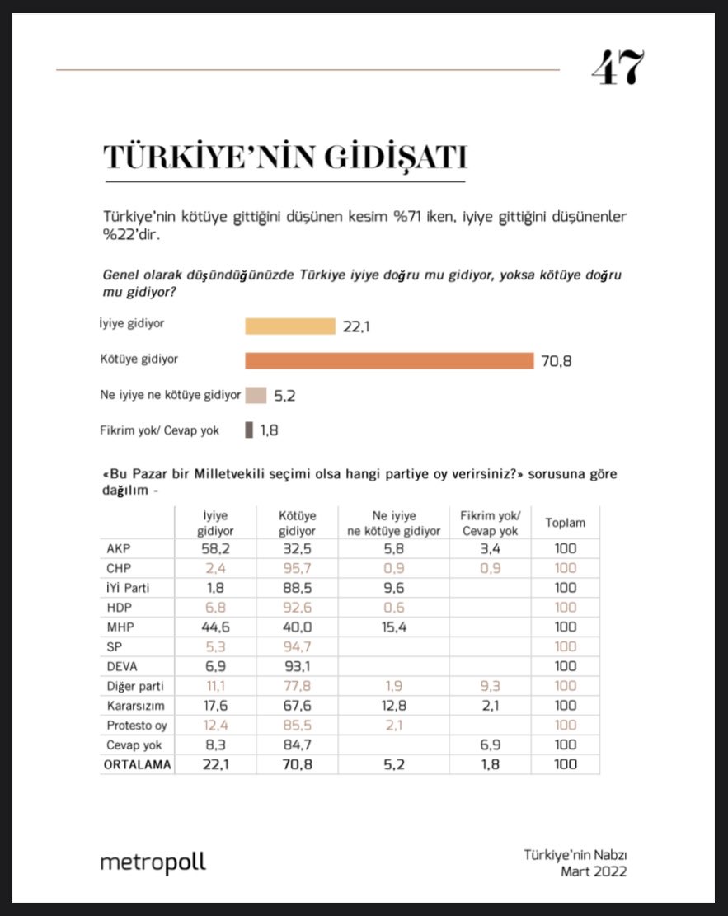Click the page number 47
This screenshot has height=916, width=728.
pos(617,68)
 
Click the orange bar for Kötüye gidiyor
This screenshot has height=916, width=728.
pos(389,360)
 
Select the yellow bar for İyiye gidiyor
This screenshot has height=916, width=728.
pos(290,326)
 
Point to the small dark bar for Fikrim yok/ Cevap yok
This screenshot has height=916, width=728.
pos(248,430)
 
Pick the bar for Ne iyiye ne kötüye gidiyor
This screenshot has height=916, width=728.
pos(256,395)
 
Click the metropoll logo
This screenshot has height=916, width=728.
pos(153,863)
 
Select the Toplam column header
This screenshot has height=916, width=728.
pos(565,523)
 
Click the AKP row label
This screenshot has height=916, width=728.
pos(120,547)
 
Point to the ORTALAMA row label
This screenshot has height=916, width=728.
pos(138,765)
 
